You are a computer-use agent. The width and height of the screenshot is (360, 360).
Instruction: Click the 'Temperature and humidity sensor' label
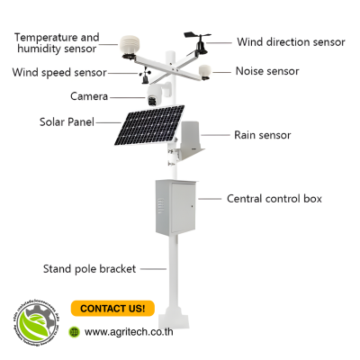pos(56,42)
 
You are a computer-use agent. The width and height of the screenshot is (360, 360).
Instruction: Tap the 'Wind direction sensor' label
pos(291,42)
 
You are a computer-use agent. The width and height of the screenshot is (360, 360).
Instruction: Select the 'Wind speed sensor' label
pos(58,72)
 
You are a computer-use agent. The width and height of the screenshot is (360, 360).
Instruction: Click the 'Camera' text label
pos(89,96)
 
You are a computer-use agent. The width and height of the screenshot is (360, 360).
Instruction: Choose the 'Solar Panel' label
pos(67,121)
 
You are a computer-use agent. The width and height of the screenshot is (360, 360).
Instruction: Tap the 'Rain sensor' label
pos(262,135)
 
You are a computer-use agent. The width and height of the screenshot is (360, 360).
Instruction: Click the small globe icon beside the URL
pos(75,332)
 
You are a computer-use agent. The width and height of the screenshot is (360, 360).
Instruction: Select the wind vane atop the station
pos(199,38)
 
